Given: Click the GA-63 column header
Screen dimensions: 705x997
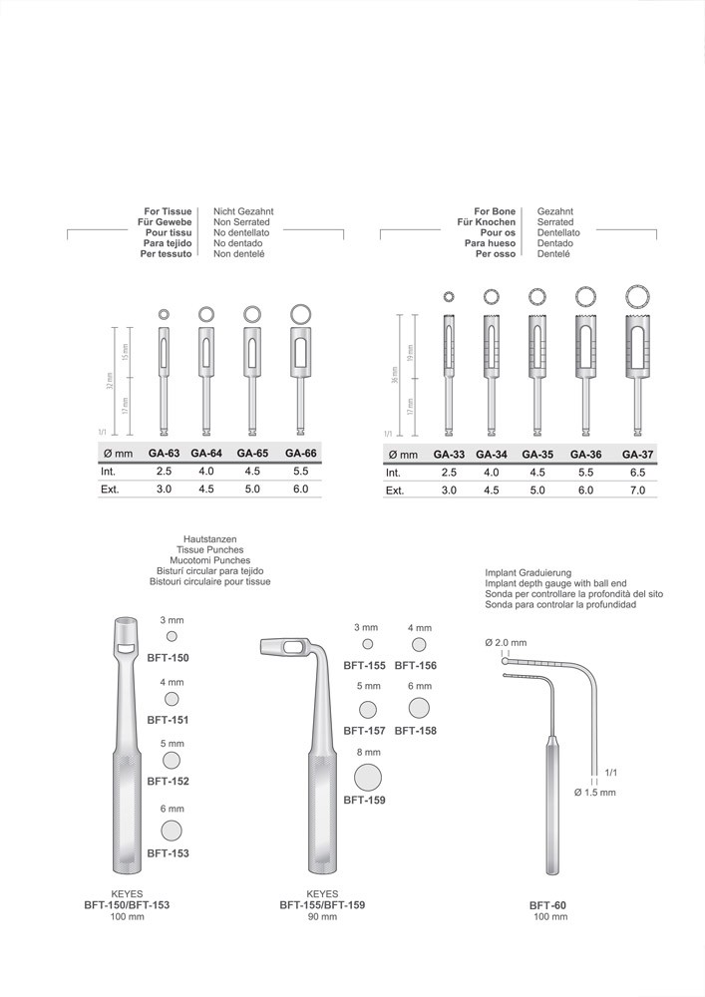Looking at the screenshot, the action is [164, 454].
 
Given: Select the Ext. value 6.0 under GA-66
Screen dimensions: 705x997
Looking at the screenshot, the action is [301, 489].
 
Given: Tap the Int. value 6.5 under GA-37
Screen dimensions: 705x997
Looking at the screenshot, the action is [637, 473].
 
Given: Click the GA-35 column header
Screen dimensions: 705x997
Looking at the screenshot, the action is [537, 455].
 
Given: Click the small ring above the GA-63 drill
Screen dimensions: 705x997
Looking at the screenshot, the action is [164, 314].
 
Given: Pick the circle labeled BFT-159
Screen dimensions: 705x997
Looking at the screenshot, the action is [368, 778].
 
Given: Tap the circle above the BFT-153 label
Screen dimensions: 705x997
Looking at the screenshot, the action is [172, 831].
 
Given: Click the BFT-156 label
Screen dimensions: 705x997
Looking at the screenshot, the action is [416, 666].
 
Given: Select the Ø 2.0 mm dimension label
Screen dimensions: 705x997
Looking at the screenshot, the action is [506, 642].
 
